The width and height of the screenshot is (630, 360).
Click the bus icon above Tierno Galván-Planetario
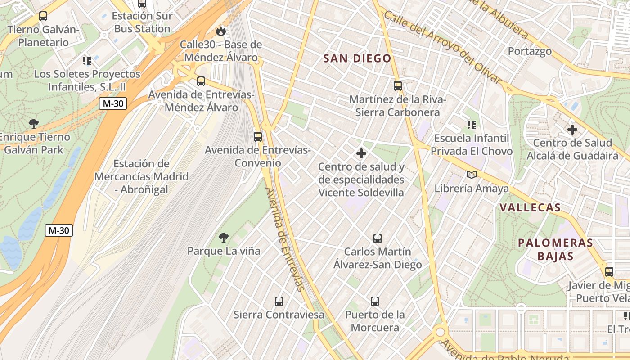[x=43, y=16]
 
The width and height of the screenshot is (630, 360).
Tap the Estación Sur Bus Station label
[x=142, y=22]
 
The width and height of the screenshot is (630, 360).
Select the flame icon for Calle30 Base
[x=220, y=31]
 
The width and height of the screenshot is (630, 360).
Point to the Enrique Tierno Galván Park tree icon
[x=33, y=123]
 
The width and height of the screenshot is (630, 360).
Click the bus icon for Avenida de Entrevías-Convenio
[x=258, y=136]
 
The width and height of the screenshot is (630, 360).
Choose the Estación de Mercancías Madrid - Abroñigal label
[x=141, y=176]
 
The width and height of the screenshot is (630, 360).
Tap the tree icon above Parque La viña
[x=224, y=237]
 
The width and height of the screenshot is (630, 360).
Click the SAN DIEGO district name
[x=357, y=58]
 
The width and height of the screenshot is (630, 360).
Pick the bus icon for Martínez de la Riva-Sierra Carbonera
[x=398, y=85]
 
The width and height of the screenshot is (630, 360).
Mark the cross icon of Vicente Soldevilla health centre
[x=361, y=153]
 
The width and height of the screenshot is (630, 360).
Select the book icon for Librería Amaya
[x=471, y=175]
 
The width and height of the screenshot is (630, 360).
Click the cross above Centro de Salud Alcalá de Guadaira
[x=572, y=130]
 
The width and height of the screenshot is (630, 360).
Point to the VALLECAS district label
[x=530, y=207]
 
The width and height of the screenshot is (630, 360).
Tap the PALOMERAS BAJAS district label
[x=555, y=249]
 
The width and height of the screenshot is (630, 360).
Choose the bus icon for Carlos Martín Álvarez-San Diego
[x=378, y=238]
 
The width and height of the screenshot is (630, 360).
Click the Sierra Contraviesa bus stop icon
[x=279, y=301]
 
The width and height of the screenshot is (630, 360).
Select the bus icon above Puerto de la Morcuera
[x=375, y=301]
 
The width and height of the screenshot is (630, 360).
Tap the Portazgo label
[x=530, y=51]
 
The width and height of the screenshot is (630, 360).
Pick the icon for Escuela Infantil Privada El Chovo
[x=471, y=125]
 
